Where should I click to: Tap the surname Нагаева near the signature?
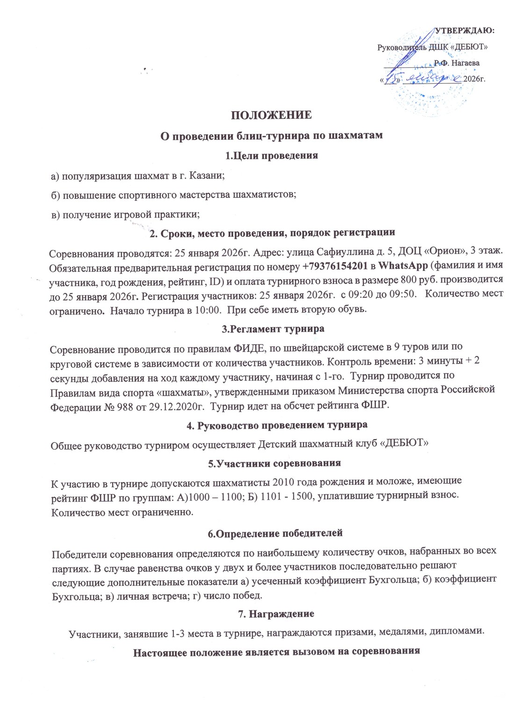tap(464, 62)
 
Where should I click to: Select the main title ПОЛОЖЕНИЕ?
tap(272, 116)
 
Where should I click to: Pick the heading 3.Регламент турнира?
tap(273, 329)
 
